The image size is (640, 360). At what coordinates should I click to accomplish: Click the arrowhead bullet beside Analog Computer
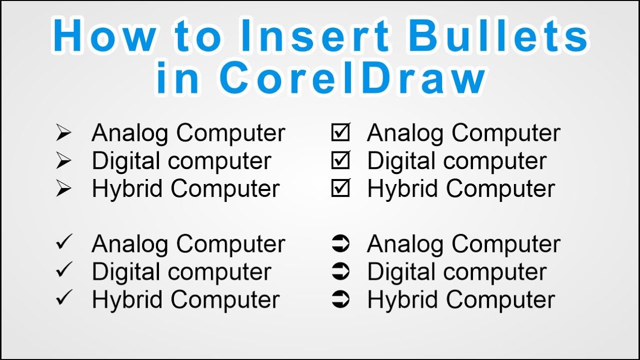coord(63,133)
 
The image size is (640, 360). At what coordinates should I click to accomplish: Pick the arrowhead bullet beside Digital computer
coord(63,161)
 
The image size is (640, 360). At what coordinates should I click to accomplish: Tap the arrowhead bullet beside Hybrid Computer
coord(63,189)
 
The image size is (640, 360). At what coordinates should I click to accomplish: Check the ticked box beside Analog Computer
coord(340,133)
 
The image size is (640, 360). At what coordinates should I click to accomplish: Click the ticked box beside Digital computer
coord(340,161)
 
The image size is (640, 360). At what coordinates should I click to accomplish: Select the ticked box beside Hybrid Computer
coord(340,189)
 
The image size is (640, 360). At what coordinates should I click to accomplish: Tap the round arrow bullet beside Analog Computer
coord(340,244)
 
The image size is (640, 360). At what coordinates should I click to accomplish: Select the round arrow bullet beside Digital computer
coord(340,272)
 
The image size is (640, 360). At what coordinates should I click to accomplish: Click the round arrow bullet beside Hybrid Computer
coord(340,300)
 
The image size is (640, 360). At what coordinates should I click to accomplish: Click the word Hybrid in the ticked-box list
coord(402,189)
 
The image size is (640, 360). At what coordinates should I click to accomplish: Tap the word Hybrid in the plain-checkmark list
coord(127,300)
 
